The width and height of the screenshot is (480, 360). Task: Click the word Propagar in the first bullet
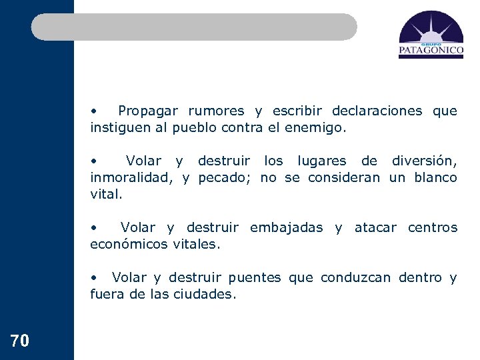pyautogui.click(x=149, y=111)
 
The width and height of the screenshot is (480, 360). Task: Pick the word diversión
pyautogui.click(x=424, y=161)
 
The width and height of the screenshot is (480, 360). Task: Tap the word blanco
pyautogui.click(x=435, y=177)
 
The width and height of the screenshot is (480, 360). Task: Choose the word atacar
pyautogui.click(x=375, y=227)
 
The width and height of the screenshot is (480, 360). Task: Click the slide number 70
pyautogui.click(x=20, y=341)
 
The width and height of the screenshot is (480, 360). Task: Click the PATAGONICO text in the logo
pyautogui.click(x=431, y=49)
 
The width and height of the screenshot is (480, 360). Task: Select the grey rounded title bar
pyautogui.click(x=194, y=27)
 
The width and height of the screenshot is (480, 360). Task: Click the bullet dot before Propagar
pyautogui.click(x=95, y=111)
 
